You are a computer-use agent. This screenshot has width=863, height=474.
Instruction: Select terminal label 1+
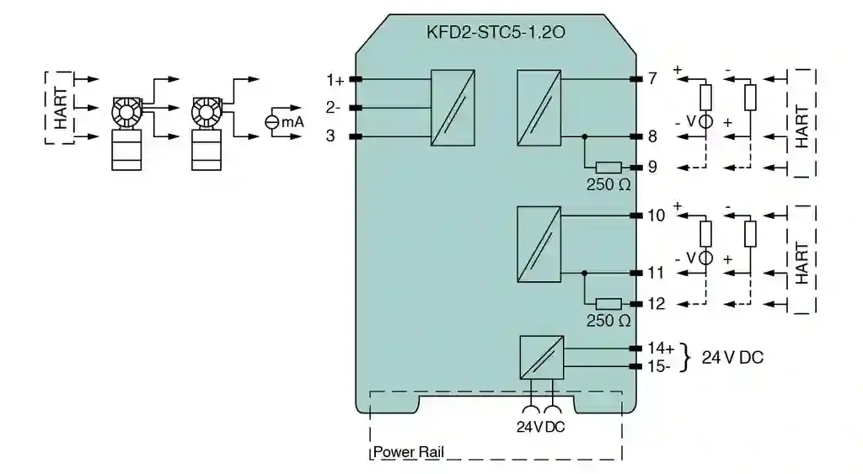click(335, 80)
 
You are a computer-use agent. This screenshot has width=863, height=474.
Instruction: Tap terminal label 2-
click(334, 108)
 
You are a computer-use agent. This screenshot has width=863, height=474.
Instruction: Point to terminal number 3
click(330, 136)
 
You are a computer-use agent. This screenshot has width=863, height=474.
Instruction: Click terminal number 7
click(651, 79)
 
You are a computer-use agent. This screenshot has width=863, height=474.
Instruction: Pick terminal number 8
click(651, 136)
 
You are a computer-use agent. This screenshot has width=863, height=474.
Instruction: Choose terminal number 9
click(651, 167)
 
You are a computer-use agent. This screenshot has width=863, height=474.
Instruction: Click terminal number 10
click(656, 216)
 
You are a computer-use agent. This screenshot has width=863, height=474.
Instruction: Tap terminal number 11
click(655, 273)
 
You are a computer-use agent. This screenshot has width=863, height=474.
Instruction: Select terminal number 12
click(656, 304)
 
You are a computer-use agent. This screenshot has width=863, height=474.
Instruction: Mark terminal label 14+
click(660, 348)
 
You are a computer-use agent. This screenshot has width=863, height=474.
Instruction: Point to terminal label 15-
click(659, 366)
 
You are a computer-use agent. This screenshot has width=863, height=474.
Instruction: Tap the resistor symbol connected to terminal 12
click(608, 304)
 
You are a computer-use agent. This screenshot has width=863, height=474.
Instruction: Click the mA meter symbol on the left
click(272, 122)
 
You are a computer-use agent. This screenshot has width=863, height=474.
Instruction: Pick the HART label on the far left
click(61, 108)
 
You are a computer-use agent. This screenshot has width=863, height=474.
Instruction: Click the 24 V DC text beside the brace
click(732, 357)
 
